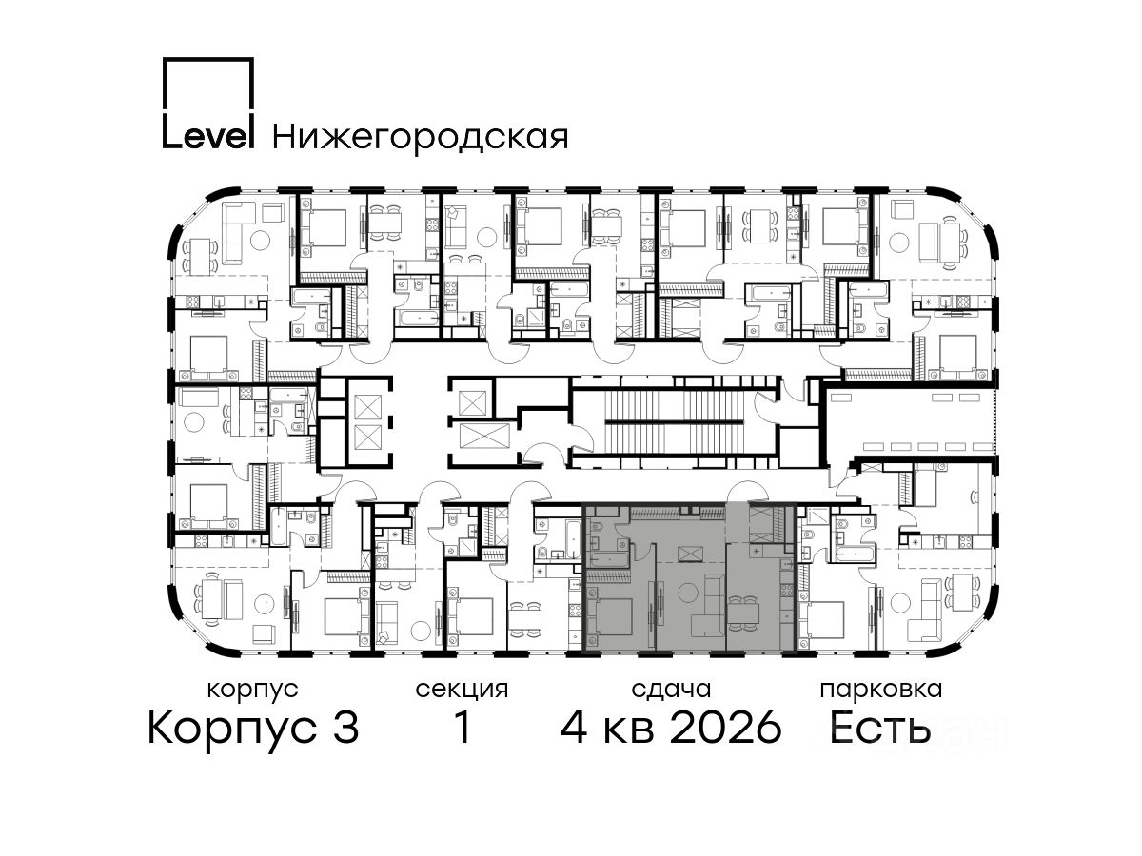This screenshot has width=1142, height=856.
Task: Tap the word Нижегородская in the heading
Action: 421,137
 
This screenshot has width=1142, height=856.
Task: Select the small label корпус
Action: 252,691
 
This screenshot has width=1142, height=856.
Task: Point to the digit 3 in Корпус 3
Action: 346,729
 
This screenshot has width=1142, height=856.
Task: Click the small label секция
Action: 462,690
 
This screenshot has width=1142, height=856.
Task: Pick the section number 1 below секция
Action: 463,729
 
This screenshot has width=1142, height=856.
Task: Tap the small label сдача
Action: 671,690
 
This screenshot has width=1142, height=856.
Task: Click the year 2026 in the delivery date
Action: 726,729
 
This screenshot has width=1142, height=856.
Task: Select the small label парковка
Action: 881,690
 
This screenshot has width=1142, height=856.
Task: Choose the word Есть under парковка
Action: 879,729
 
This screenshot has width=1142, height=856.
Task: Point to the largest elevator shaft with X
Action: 484,436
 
